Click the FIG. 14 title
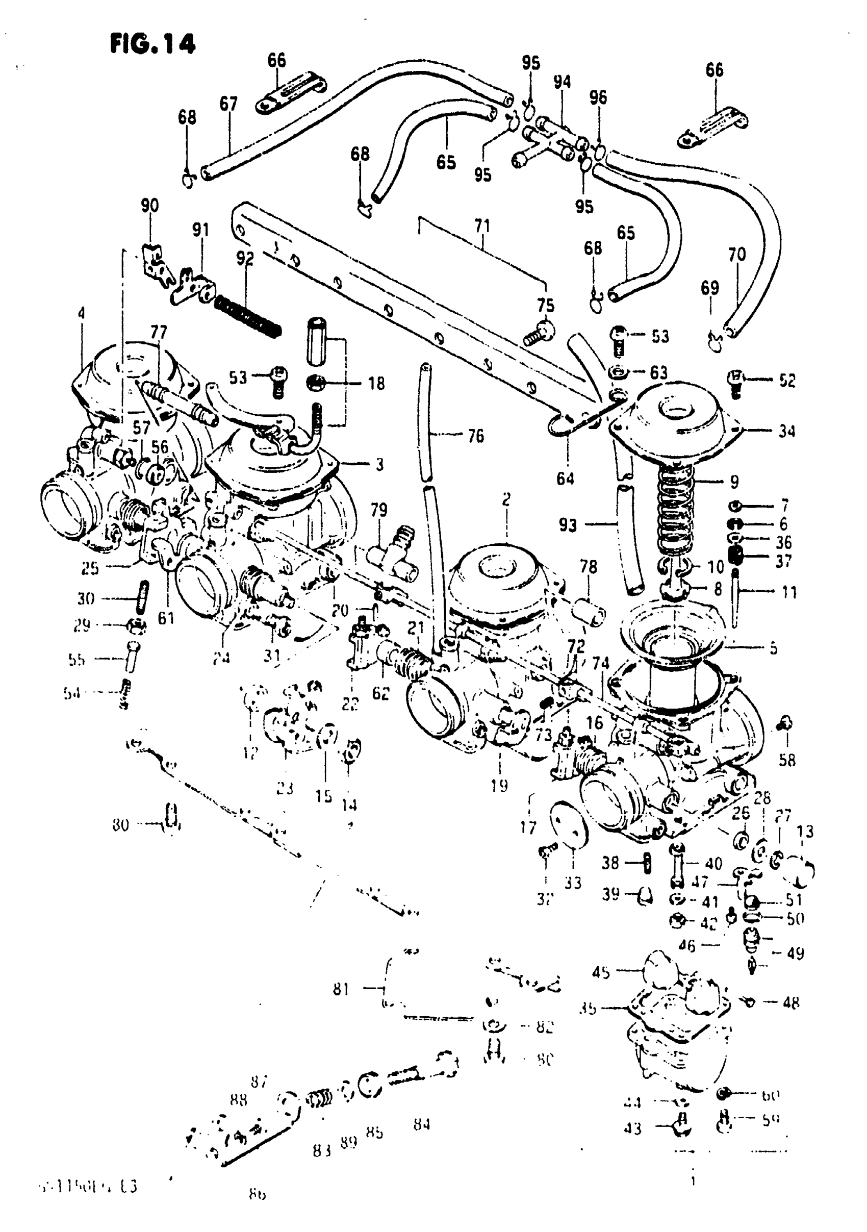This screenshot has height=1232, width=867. tap(152, 43)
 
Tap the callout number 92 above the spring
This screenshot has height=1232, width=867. tap(245, 258)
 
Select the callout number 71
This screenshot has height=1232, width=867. tap(482, 225)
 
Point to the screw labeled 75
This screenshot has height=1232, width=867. tap(539, 334)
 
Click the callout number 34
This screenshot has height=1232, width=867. tap(786, 431)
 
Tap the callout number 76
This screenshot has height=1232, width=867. tap(475, 436)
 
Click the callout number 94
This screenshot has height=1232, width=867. tap(562, 82)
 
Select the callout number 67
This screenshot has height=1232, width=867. tap(228, 104)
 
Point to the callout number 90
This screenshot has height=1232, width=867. tap(150, 206)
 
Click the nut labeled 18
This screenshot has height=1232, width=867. tap(316, 383)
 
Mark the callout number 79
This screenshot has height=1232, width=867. tap(379, 509)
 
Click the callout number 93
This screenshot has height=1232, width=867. tap(567, 524)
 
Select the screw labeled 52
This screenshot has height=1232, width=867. tap(735, 382)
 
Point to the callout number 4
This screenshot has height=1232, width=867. tap(81, 313)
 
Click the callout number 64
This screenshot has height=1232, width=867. tap(565, 478)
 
